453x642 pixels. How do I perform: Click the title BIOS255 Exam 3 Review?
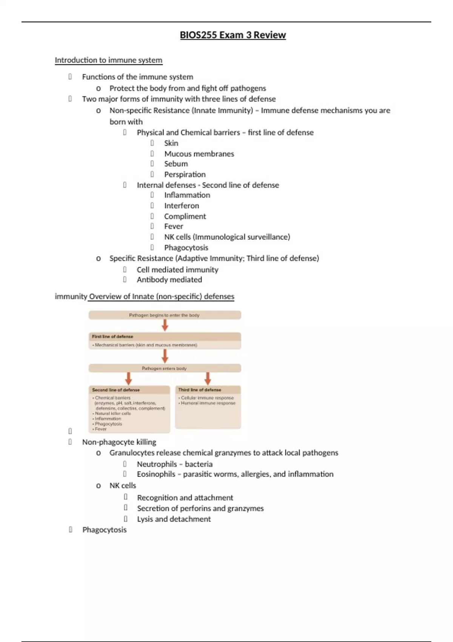click(233, 35)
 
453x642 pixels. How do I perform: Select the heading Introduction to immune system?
click(108, 60)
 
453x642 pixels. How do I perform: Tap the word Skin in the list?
click(171, 143)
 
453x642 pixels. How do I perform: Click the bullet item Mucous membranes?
click(199, 154)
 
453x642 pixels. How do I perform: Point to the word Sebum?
click(176, 164)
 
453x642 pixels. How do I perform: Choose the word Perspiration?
click(185, 174)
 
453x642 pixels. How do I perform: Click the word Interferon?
click(181, 206)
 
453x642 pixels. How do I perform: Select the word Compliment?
click(185, 216)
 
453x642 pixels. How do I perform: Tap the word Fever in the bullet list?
click(174, 227)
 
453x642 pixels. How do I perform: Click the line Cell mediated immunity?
click(177, 270)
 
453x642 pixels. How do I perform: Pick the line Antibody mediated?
click(169, 280)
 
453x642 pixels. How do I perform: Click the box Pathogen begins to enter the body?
click(165, 315)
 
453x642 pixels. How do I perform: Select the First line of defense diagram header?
click(112, 336)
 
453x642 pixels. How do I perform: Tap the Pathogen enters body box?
click(165, 368)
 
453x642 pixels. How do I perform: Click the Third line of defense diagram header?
click(200, 390)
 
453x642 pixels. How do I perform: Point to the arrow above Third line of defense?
click(208, 378)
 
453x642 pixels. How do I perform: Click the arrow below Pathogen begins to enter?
click(165, 325)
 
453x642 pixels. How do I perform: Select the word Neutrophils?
click(157, 464)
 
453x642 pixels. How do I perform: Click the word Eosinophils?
click(156, 474)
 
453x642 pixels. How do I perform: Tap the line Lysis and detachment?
click(174, 519)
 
